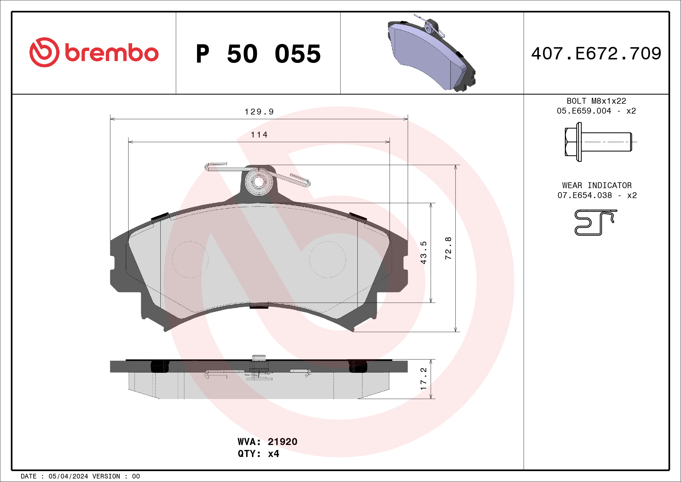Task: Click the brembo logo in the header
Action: [94, 52]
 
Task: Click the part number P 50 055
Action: [258, 54]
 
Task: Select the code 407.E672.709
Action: [596, 54]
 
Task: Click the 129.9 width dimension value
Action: [259, 112]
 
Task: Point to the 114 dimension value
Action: [259, 135]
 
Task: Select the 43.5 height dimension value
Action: [423, 253]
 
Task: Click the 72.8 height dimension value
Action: [448, 248]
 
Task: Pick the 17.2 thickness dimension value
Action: [423, 379]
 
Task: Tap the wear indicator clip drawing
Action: [595, 223]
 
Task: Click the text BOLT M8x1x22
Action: [596, 101]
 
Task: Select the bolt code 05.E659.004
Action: [584, 111]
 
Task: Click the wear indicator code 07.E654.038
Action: [584, 195]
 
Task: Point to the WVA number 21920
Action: [282, 442]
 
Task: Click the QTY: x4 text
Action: [258, 454]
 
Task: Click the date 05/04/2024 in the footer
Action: [68, 476]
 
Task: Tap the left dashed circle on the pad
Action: [190, 260]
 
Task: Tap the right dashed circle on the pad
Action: [327, 260]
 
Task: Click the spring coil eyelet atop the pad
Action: [259, 182]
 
